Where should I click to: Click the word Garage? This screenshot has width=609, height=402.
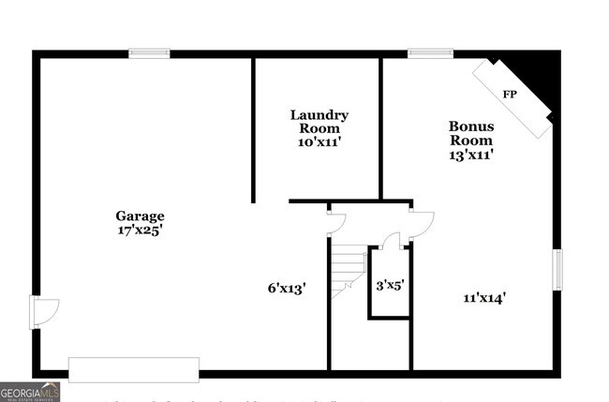point(140,216)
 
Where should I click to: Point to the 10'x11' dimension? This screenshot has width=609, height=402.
point(319,141)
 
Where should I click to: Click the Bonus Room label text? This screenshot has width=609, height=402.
point(471,133)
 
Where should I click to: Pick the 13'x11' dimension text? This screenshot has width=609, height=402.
point(471,155)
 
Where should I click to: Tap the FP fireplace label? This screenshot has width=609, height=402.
point(510,95)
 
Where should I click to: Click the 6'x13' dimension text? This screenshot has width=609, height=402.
point(287,288)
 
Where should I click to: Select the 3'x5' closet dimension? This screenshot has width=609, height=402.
point(390,284)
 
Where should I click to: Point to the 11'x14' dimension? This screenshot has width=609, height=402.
point(484,298)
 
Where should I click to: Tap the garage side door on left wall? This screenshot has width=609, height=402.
point(43,311)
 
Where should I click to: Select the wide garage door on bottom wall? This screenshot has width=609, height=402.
point(134,368)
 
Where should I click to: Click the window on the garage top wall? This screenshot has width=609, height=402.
point(150,53)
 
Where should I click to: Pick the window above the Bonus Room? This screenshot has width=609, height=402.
point(430,53)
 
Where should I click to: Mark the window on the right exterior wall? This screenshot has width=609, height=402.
point(557,269)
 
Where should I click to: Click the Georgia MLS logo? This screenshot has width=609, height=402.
point(30,392)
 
